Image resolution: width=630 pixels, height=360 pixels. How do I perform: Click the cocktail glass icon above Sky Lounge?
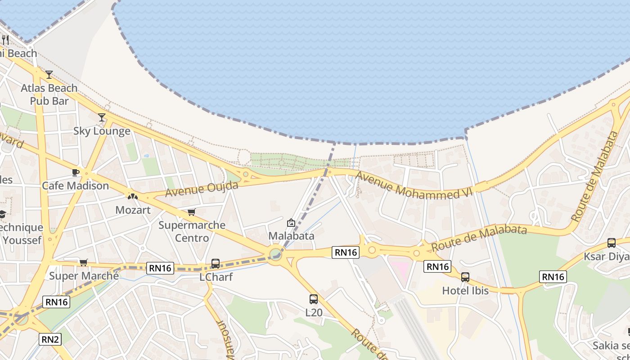pyautogui.click(x=102, y=117)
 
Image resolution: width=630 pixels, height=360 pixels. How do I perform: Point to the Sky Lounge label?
pyautogui.click(x=102, y=131)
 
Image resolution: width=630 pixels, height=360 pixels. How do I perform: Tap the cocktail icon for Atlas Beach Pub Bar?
pyautogui.click(x=49, y=75)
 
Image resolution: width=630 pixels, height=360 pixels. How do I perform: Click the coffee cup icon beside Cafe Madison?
pyautogui.click(x=76, y=172)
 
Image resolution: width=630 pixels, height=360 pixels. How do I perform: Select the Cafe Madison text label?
pyautogui.click(x=75, y=185)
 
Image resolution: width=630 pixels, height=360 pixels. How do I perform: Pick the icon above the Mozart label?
pyautogui.click(x=132, y=197)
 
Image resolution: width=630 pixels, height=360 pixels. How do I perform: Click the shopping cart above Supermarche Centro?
pyautogui.click(x=192, y=212)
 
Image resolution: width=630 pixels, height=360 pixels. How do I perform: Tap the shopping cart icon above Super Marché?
pyautogui.click(x=83, y=262)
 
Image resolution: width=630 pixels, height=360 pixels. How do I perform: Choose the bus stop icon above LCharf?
pyautogui.click(x=216, y=264)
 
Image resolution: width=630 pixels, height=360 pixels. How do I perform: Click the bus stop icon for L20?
pyautogui.click(x=314, y=299)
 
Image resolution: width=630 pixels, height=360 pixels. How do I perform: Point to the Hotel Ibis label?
pyautogui.click(x=465, y=291)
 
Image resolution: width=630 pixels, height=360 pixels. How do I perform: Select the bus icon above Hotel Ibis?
pyautogui.click(x=465, y=277)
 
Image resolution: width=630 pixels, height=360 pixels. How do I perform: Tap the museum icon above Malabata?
pyautogui.click(x=291, y=223)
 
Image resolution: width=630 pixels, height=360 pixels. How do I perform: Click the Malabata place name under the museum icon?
pyautogui.click(x=291, y=236)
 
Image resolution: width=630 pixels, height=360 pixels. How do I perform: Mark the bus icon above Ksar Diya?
pyautogui.click(x=612, y=243)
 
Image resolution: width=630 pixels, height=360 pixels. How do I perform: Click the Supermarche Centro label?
pyautogui.click(x=192, y=231)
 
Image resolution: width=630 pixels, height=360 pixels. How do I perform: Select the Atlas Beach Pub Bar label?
pyautogui.click(x=49, y=94)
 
